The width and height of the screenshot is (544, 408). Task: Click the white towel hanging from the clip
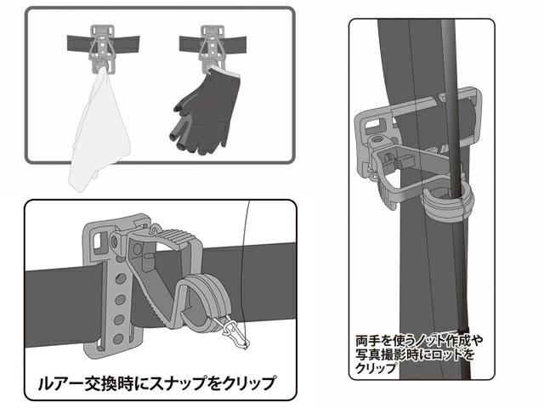pos(99,132)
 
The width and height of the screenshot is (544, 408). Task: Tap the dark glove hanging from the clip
pos(205,111)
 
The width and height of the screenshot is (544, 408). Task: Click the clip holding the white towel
pos(102,48)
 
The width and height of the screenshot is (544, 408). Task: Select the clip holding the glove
pos(212,48)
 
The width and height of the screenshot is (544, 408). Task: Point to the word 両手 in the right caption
pos(368,341)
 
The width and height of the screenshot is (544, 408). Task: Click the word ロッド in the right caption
pos(448,354)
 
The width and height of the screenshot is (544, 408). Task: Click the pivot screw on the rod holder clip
pos(377,140)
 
